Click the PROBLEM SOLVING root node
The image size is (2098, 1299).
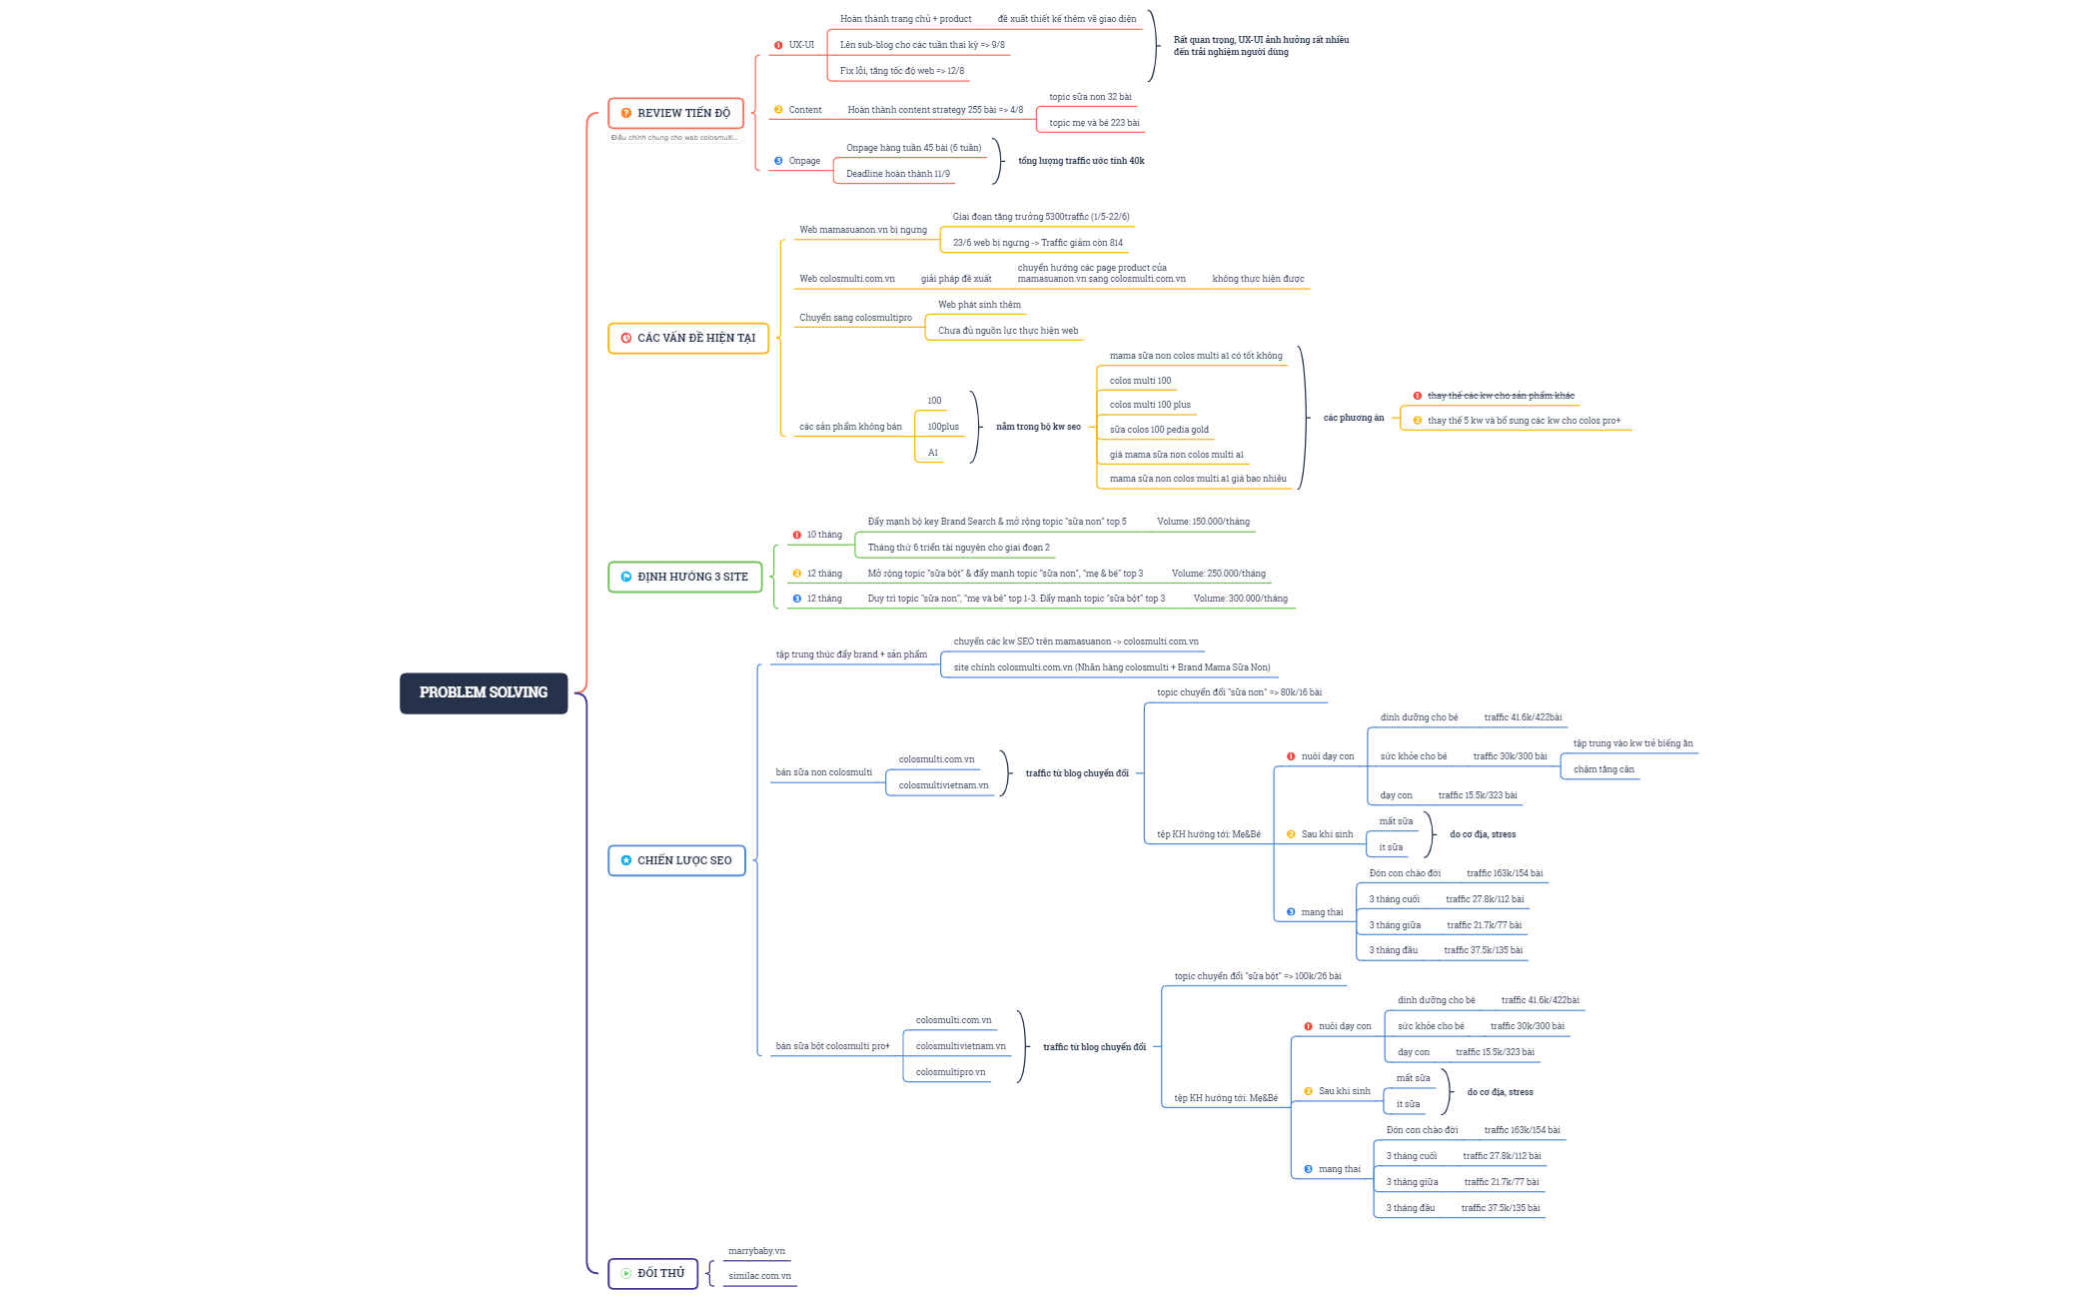(484, 692)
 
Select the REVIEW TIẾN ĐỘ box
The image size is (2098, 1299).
(675, 113)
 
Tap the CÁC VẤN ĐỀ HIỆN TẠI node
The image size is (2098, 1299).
(688, 338)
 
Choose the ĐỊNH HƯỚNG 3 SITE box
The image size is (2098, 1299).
(684, 577)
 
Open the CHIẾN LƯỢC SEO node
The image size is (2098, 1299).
(676, 860)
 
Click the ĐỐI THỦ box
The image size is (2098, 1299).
(652, 1273)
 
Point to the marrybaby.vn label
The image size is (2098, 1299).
(756, 1251)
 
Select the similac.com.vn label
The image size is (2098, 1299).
(759, 1276)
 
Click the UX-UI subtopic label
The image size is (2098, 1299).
(801, 45)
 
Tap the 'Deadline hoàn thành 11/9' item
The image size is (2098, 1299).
(897, 174)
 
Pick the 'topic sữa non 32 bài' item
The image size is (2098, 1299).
(1090, 97)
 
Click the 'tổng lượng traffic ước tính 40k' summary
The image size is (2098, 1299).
(1081, 161)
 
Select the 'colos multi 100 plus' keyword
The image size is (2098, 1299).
(1150, 405)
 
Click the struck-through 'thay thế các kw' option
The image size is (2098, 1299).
(1501, 396)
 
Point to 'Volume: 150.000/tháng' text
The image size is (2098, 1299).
(1203, 522)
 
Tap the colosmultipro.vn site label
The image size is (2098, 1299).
(950, 1072)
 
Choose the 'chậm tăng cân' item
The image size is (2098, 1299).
(1603, 769)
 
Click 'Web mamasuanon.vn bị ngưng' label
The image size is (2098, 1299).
(862, 230)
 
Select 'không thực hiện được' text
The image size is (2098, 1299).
(1258, 279)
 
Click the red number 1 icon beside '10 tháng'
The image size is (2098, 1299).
(797, 535)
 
